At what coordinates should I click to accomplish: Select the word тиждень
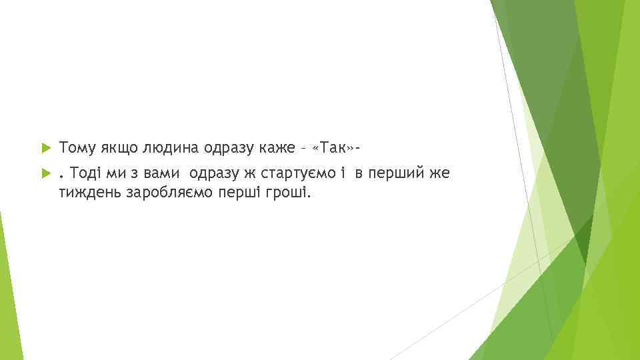click(85, 193)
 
